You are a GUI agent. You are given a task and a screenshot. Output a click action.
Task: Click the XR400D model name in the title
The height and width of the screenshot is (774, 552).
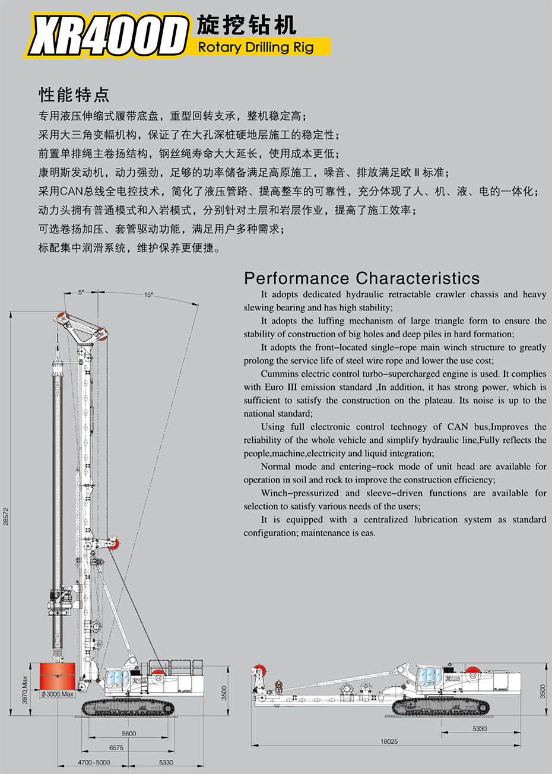pyautogui.click(x=107, y=37)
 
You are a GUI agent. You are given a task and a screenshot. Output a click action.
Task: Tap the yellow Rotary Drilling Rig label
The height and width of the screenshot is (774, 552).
pyautogui.click(x=256, y=47)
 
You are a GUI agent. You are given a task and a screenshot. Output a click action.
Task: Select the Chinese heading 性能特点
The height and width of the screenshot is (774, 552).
pyautogui.click(x=74, y=94)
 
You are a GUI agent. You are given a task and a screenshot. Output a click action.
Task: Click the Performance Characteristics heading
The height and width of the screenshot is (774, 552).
pyautogui.click(x=361, y=278)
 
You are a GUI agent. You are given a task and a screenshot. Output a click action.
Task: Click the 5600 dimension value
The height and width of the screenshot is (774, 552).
pyautogui.click(x=129, y=734)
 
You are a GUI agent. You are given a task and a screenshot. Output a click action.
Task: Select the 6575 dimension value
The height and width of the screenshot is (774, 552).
pyautogui.click(x=116, y=748)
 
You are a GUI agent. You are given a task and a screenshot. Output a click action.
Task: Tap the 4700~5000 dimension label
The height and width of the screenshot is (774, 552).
pyautogui.click(x=94, y=763)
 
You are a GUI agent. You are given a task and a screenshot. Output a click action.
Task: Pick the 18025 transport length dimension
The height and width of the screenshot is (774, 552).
pyautogui.click(x=389, y=741)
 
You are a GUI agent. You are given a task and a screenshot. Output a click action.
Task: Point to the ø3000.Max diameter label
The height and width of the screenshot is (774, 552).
pyautogui.click(x=58, y=694)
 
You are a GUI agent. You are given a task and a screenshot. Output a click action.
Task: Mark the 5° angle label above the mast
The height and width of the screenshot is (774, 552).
pyautogui.click(x=81, y=292)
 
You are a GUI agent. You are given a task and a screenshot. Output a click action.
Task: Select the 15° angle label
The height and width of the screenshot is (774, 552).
pyautogui.click(x=148, y=295)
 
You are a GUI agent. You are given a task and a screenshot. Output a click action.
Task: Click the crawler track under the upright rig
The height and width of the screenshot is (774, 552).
pyautogui.click(x=129, y=707)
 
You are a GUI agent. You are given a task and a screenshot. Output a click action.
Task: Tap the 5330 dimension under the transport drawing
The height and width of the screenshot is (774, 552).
pyautogui.click(x=480, y=728)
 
